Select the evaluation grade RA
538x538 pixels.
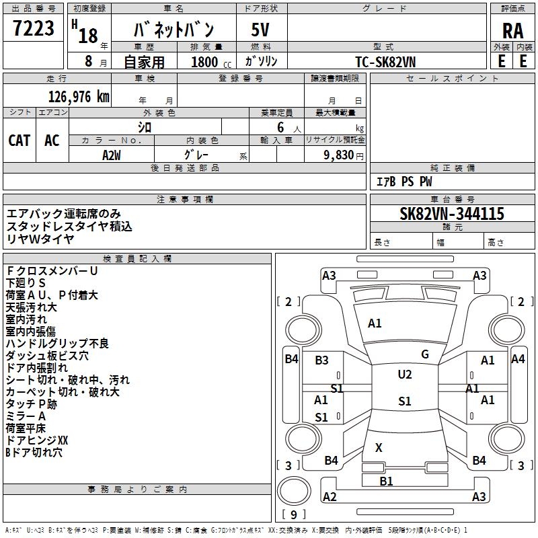pos(512,31)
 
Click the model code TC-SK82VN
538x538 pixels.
pos(386,61)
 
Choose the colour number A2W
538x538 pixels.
pos(112,154)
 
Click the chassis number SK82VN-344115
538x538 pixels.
pos(451,214)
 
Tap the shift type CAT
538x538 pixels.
pos(19,140)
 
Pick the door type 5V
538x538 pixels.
pos(262,31)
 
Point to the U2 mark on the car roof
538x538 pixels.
pos(404,375)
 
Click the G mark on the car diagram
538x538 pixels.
pos(424,354)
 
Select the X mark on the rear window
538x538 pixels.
pos(379,448)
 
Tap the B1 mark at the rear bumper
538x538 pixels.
pos(386,481)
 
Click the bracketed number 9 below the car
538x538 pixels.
pos(294,515)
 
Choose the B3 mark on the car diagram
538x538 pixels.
pos(321,360)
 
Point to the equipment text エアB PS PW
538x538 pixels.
pos(403,182)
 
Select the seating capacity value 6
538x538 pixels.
pos(278,127)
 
